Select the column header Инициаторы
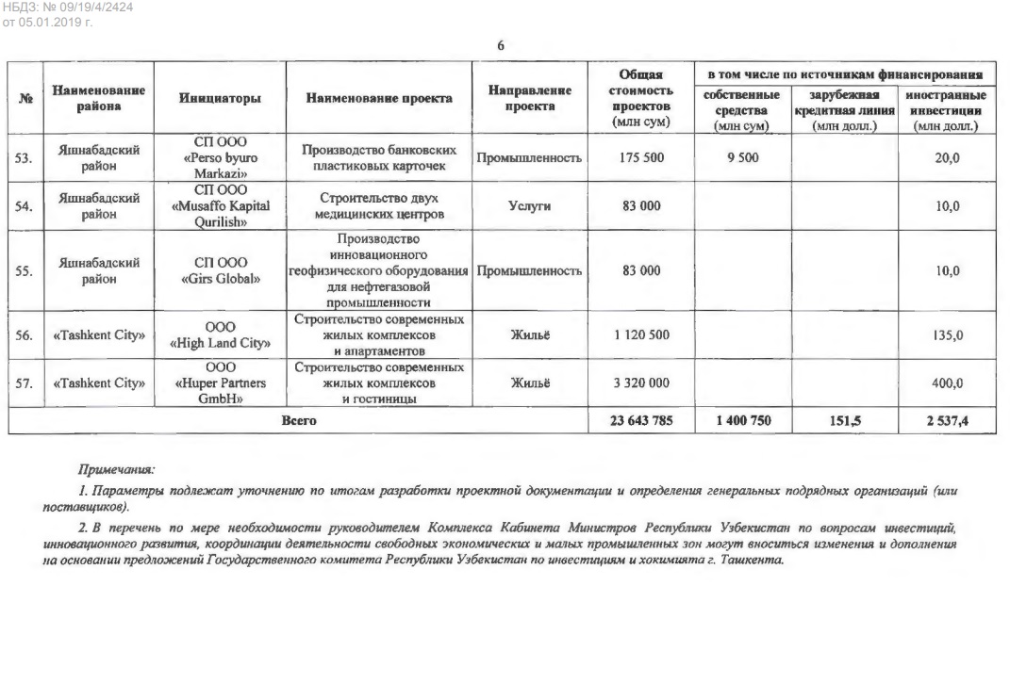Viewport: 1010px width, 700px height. coord(220,98)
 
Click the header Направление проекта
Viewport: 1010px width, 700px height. coord(530,98)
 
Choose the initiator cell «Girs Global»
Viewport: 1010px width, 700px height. coord(220,271)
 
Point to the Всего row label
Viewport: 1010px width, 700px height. coord(299,421)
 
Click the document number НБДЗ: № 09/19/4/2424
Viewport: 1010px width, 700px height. coord(67,8)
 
